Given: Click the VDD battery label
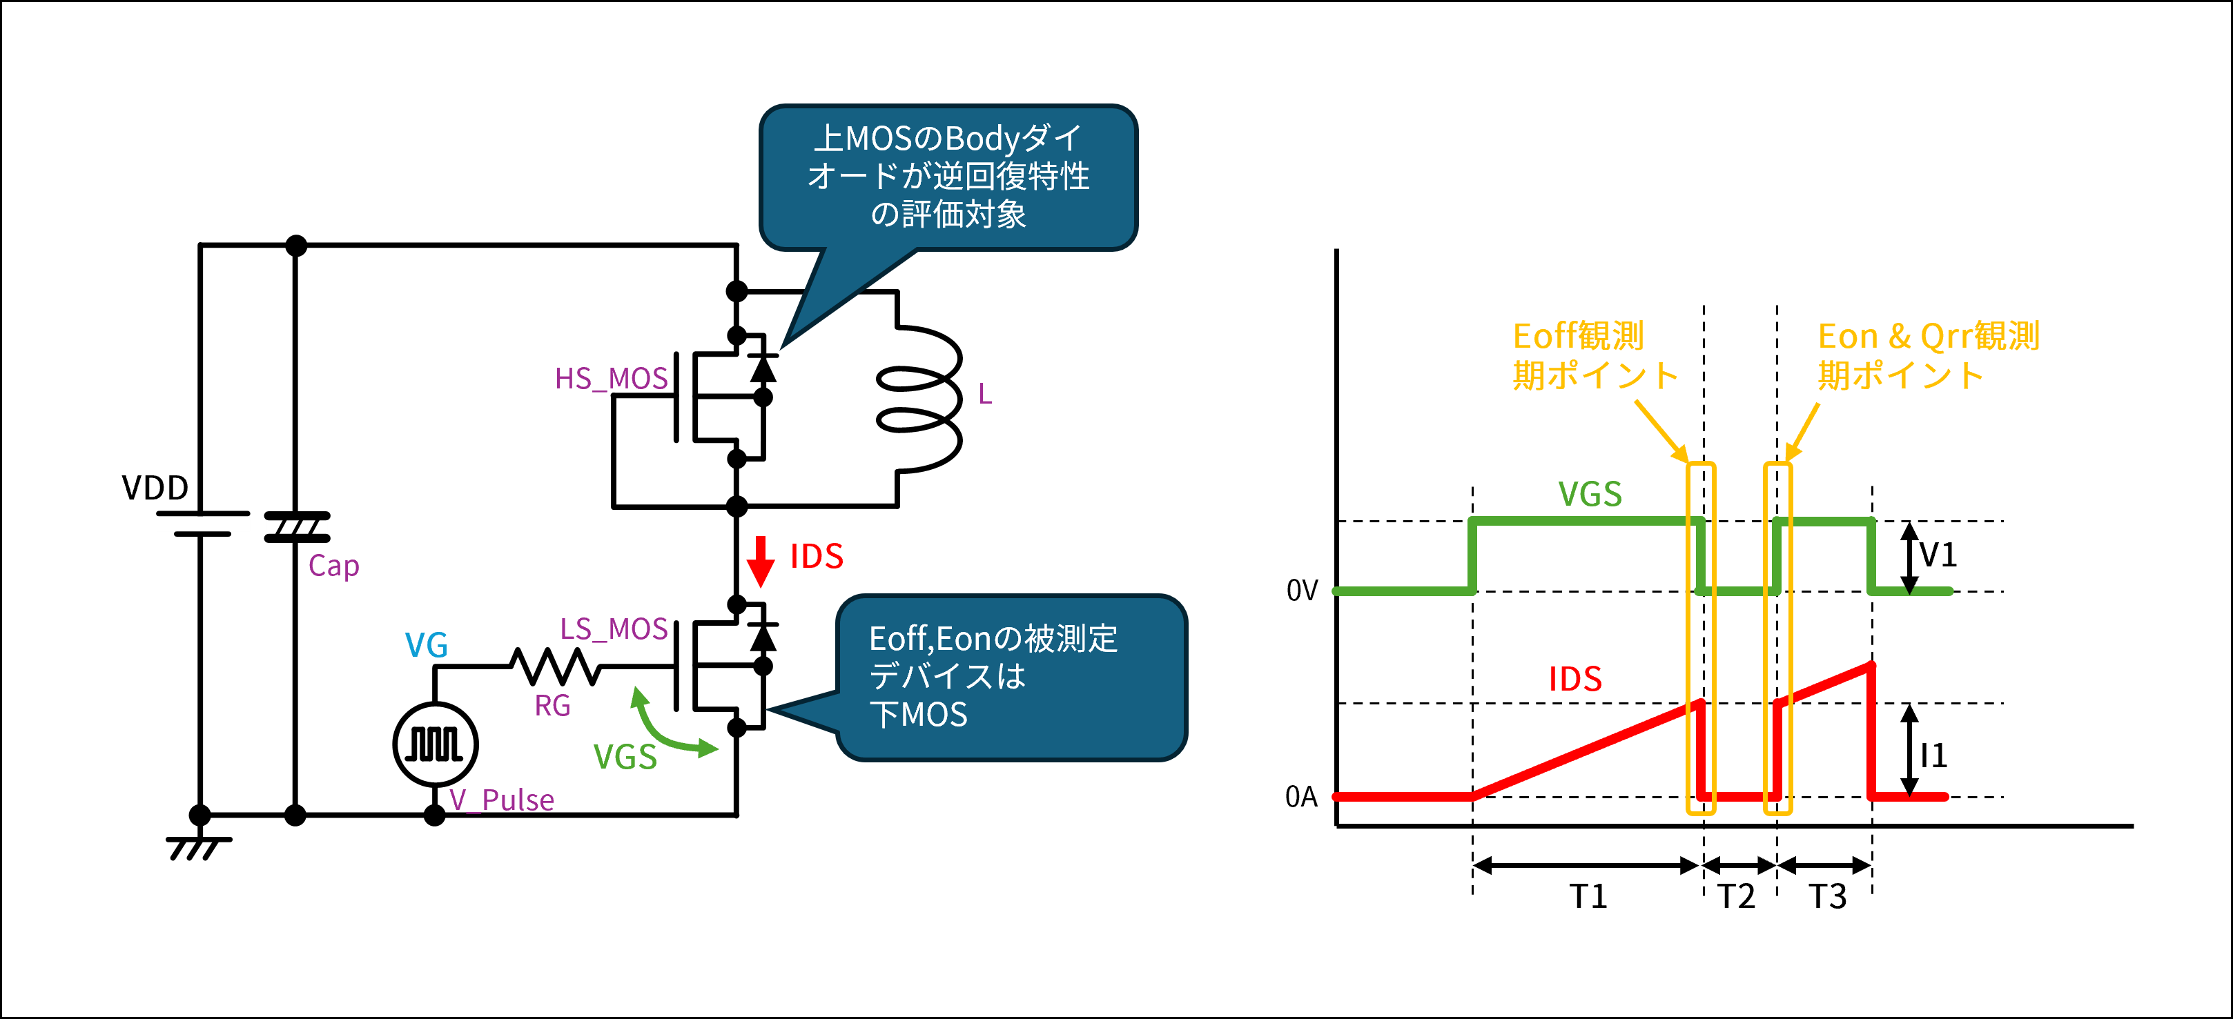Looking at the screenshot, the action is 155,488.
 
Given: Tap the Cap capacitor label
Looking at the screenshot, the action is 333,566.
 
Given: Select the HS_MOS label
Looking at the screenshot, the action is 611,379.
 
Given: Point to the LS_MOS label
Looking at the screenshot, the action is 614,629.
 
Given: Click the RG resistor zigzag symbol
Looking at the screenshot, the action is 555,666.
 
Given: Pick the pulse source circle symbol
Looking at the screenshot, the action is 435,744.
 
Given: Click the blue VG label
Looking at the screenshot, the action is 427,646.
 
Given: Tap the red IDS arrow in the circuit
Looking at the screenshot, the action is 760,562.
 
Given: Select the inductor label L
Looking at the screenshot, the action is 985,394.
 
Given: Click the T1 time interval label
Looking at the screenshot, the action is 1588,896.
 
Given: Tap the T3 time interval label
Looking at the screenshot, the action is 1827,896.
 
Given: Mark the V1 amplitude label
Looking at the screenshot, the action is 1938,555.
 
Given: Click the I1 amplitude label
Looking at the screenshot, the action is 1934,755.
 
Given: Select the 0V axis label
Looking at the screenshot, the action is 1302,591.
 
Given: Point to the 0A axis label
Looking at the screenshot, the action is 1301,796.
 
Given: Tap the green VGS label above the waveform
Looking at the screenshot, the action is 1590,494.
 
